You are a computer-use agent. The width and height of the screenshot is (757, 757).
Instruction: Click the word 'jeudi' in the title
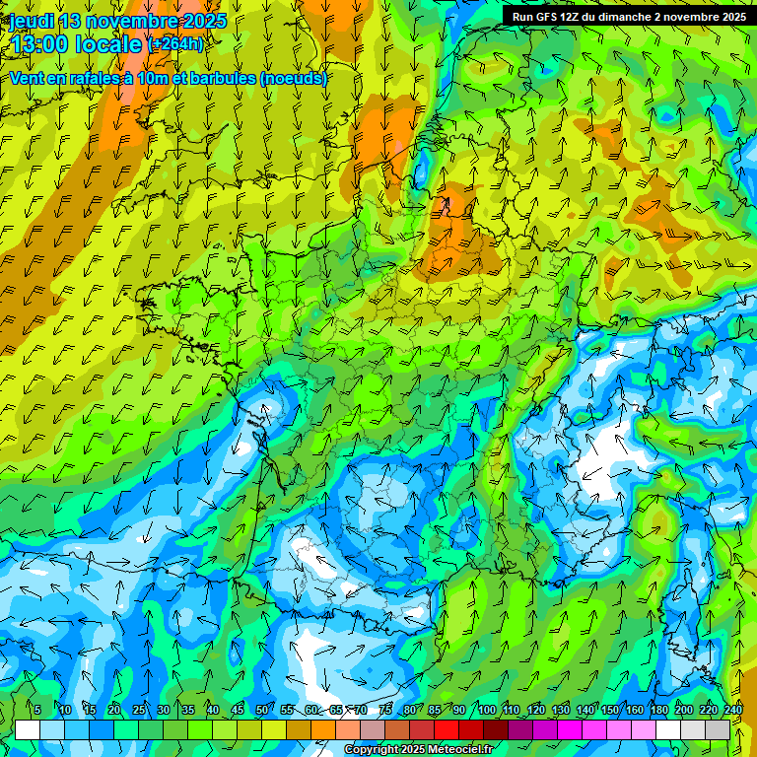pos(33,21)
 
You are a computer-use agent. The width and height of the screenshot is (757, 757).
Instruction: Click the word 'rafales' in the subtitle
pos(116,79)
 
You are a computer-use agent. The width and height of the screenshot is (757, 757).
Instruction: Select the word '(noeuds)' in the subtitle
pos(295,79)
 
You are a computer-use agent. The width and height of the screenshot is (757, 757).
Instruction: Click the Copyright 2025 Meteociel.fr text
pos(418,750)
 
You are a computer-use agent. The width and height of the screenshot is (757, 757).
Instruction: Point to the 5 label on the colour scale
pos(37,710)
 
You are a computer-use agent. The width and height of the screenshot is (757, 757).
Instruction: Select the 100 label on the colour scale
pos(487,710)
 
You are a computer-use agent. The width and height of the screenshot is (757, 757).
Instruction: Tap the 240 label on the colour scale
pos(733,710)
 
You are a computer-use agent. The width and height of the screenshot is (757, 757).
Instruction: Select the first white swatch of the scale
pos(28,730)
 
